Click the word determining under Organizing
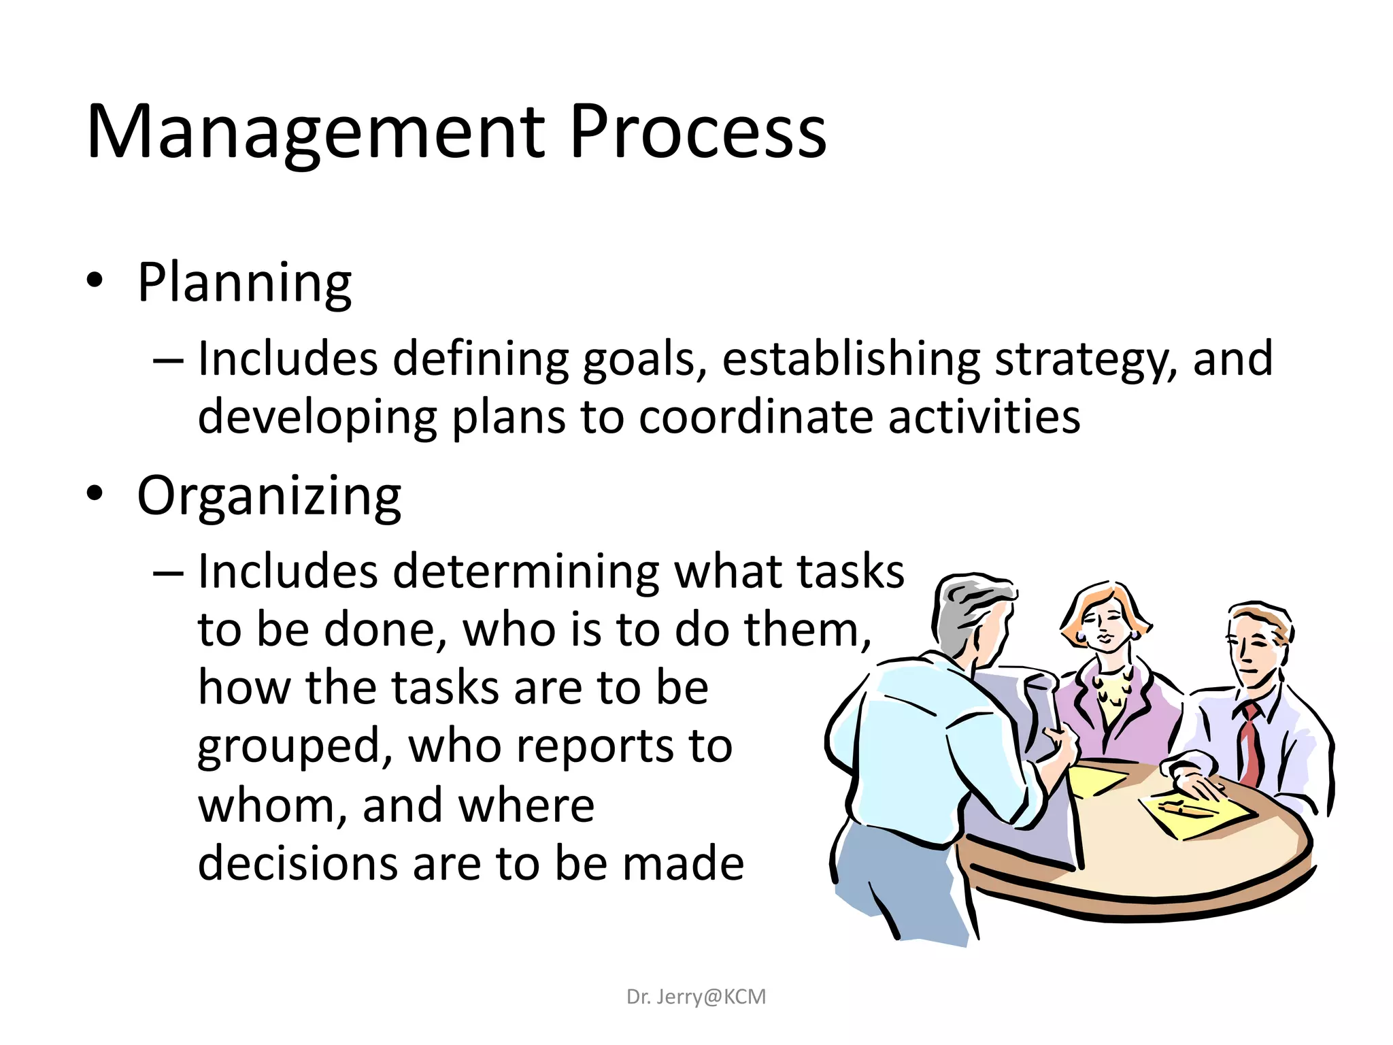(x=526, y=571)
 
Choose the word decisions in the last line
(x=297, y=864)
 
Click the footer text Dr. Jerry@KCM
(x=696, y=997)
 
